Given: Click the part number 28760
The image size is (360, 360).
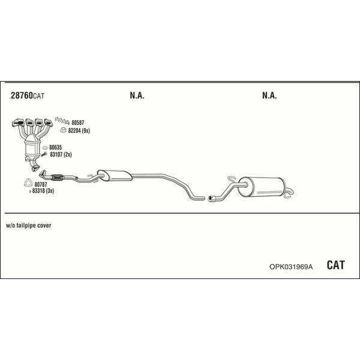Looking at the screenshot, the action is point(22,95).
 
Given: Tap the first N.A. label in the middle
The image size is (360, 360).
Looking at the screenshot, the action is point(137,95).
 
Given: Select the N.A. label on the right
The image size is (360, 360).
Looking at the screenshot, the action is point(269,95).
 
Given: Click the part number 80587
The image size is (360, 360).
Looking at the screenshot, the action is point(78,122).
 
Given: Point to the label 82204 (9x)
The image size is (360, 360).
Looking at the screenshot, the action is point(79,131).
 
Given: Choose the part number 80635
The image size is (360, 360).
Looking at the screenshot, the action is point(56,147).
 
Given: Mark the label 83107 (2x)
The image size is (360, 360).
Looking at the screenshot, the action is point(61,155).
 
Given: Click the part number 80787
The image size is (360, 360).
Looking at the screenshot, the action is point(41,184).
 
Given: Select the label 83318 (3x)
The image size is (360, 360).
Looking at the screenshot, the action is point(43,191).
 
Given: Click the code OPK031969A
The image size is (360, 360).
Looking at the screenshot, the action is point(291,266).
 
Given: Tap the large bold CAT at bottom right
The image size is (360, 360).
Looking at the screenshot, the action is point(335,265).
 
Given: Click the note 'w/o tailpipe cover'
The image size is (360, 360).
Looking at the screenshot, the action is point(28,226).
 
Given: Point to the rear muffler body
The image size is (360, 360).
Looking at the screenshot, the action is point(262,187).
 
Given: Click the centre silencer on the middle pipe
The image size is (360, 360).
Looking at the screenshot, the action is point(115,176).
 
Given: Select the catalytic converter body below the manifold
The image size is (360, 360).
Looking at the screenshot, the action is point(32,147).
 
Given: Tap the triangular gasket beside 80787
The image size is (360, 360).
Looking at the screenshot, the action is point(28,183).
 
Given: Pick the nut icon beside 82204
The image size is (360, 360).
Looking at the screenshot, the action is point(63,130).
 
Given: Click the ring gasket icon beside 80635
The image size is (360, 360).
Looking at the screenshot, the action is point(45,148).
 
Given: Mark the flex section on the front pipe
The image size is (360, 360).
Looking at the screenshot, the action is point(57,178).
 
